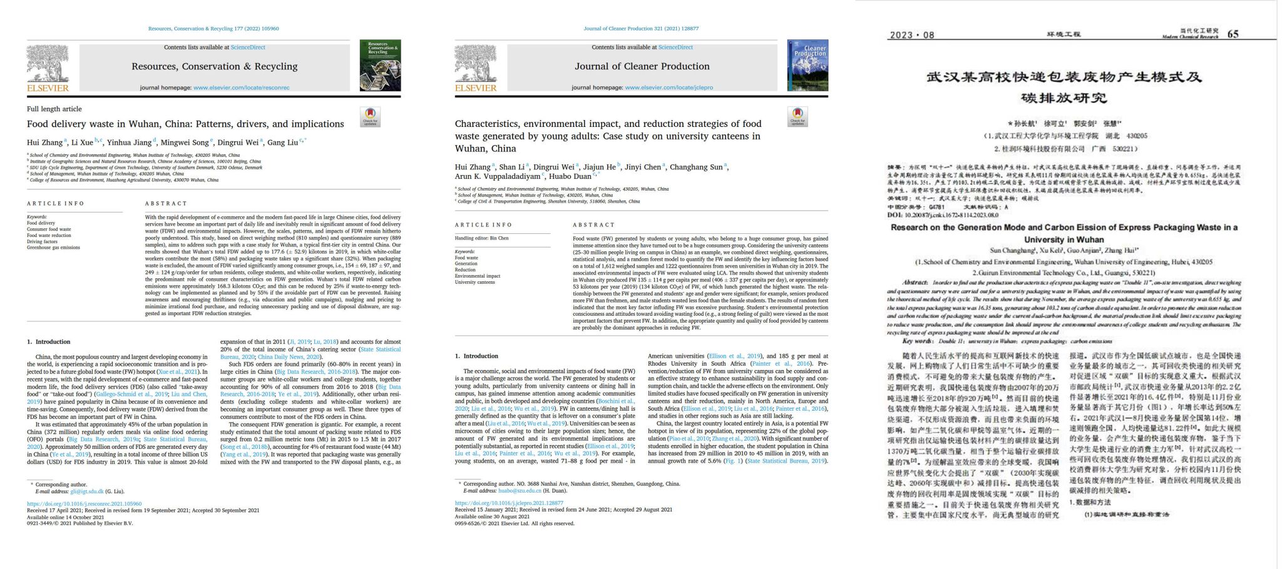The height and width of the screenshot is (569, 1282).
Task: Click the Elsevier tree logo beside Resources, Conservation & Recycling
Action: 47,64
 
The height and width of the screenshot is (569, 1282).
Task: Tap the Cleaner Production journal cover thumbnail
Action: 808,65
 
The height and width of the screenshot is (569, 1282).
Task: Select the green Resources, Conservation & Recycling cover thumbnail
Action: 380,65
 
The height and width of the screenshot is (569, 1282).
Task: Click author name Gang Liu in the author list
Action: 282,143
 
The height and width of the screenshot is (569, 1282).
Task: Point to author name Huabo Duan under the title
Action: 570,176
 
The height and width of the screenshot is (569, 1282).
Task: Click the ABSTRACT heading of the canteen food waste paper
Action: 593,224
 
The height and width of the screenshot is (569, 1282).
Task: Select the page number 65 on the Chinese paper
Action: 1233,34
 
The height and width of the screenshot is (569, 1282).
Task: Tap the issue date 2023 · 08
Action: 911,35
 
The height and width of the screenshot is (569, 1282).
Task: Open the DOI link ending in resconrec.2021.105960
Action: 84,504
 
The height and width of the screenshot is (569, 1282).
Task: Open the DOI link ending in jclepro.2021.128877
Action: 509,503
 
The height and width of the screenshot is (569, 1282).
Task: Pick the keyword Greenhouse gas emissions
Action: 53,248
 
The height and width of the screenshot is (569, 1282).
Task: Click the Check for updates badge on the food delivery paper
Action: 370,116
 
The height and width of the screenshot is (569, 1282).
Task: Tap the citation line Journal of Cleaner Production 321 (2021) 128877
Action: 641,29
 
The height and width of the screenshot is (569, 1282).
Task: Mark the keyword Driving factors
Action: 42,241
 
